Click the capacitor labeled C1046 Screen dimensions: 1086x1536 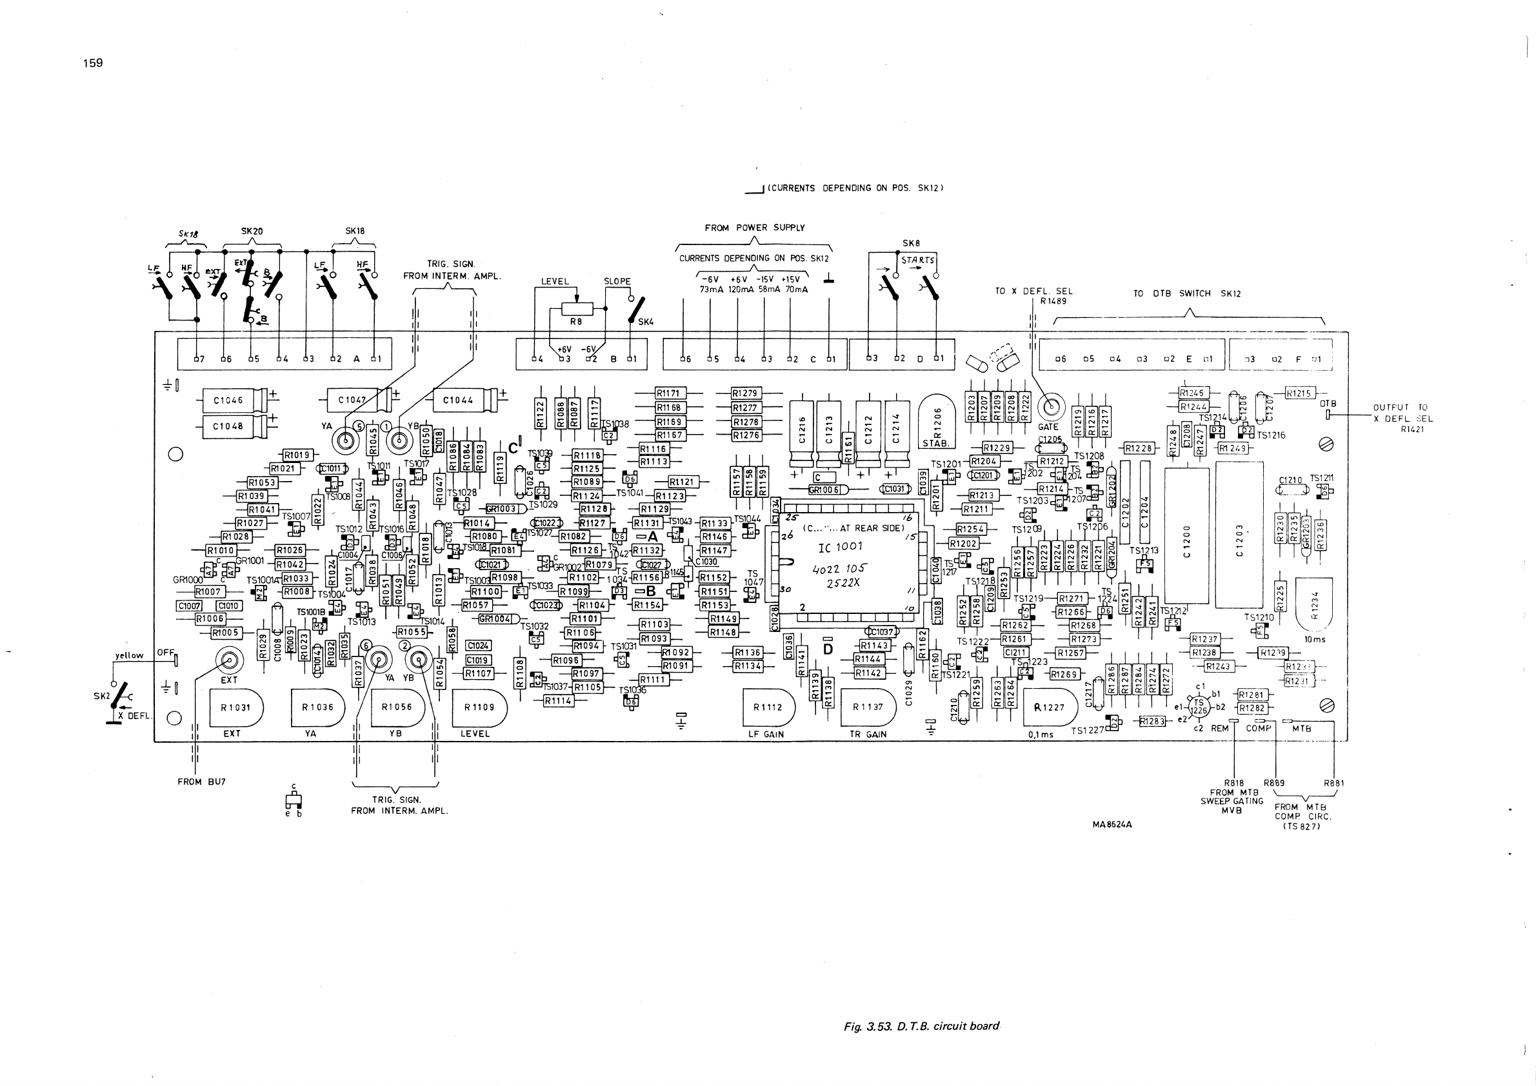[x=228, y=400]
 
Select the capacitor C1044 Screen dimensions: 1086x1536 [x=458, y=400]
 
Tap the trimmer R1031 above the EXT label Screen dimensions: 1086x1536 [x=235, y=707]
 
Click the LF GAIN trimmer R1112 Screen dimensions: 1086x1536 [x=768, y=707]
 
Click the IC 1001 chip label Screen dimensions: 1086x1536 [x=840, y=547]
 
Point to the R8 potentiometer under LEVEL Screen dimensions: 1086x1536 [x=577, y=309]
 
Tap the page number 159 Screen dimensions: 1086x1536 [x=93, y=63]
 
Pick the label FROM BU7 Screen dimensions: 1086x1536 [x=201, y=782]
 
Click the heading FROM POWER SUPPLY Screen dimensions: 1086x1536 [x=755, y=228]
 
